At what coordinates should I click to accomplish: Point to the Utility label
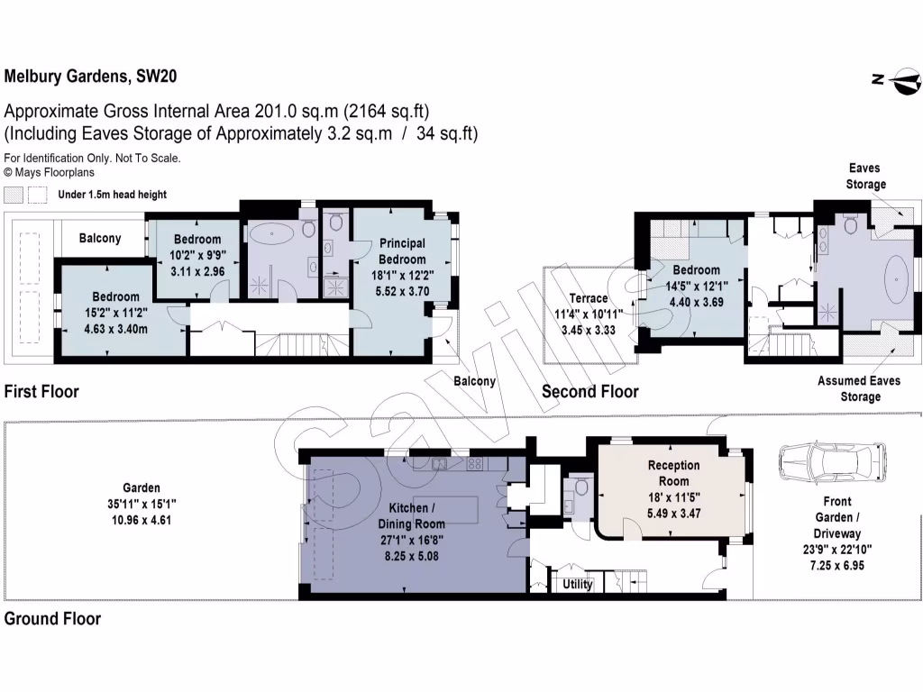click(x=578, y=585)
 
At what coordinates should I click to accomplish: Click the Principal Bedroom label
click(x=402, y=251)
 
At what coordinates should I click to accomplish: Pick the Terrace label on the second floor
click(x=587, y=298)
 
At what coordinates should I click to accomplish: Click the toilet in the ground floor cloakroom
click(x=581, y=489)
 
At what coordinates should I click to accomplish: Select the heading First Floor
click(x=41, y=392)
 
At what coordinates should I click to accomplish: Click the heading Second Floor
click(x=589, y=392)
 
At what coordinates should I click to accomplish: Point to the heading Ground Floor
click(x=52, y=619)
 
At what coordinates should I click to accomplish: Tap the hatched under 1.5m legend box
click(x=14, y=195)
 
